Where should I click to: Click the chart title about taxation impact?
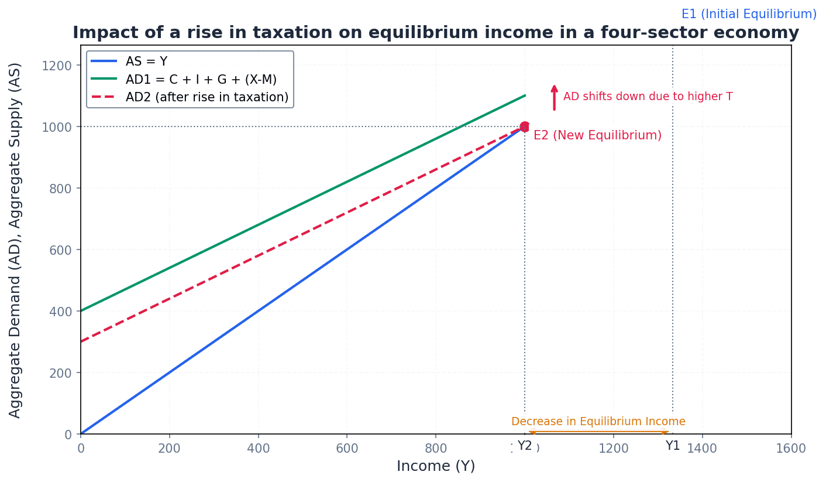435,33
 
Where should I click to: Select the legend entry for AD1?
201,79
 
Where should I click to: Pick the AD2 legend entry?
206,97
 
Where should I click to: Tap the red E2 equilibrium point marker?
525,127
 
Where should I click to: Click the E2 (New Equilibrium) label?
597,135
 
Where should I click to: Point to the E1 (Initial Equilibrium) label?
749,14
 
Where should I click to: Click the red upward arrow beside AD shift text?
554,97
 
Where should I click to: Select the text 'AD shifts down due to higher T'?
648,97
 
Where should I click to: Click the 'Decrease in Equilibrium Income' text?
598,422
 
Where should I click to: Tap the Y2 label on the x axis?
525,446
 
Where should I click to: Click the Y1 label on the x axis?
673,446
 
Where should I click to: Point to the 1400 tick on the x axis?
701,449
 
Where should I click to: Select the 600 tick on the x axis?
347,449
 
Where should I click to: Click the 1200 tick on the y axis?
57,65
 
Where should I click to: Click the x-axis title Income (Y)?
436,466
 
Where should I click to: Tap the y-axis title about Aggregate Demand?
15,240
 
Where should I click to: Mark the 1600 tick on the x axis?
790,449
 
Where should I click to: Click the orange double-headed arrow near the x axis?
598,432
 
